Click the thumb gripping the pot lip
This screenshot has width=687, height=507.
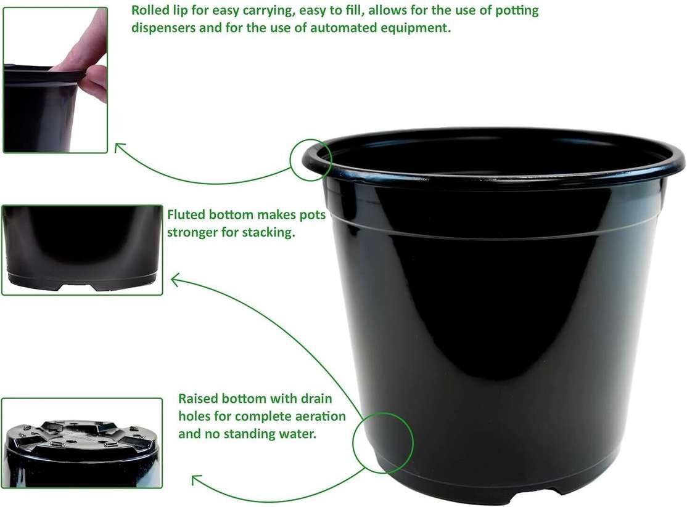click(x=94, y=81)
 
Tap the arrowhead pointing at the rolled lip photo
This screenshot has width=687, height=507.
click(x=119, y=148)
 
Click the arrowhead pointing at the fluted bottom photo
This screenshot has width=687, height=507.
click(x=176, y=280)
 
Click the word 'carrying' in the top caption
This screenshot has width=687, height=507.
click(x=268, y=10)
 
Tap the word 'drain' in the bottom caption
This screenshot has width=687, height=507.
click(x=316, y=399)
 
